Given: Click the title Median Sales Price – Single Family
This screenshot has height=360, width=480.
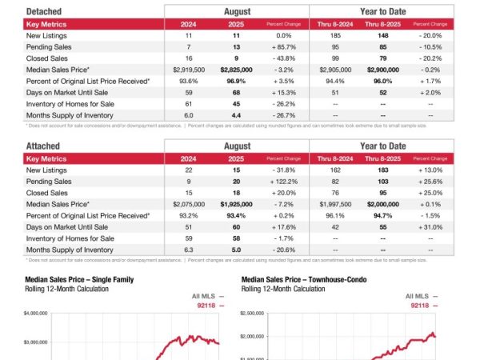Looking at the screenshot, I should coord(79,280).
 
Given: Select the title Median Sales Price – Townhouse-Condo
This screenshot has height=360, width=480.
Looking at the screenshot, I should coord(300,280).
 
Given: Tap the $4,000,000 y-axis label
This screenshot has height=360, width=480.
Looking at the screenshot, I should coord(37,315).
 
